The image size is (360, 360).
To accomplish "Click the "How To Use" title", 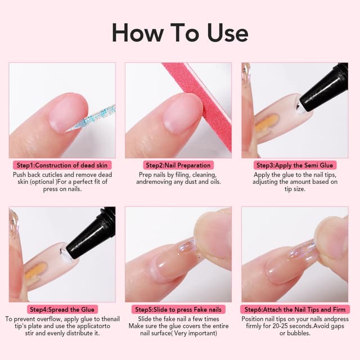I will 179,32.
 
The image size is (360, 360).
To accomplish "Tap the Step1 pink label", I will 62,165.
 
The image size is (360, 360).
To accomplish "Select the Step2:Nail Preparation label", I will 178,165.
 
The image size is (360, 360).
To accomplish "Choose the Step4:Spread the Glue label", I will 62,309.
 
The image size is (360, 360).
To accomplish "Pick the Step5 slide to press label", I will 178,309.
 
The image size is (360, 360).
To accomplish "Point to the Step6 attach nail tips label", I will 295,309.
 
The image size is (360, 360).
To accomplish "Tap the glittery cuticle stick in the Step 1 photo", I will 96,117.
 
